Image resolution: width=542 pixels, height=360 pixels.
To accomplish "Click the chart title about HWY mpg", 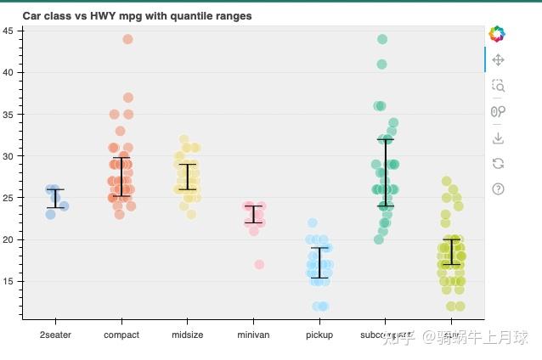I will tap(137, 16).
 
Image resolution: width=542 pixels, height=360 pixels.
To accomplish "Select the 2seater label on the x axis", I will tap(56, 335).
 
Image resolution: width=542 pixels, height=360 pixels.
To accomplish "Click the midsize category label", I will tap(188, 335).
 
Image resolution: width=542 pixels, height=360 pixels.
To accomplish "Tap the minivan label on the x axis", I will tap(253, 335).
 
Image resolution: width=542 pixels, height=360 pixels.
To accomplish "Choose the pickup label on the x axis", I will tap(319, 335).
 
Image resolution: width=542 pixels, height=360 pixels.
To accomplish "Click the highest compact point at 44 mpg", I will tap(128, 39).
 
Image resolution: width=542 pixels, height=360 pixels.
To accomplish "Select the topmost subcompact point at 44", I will tap(382, 39).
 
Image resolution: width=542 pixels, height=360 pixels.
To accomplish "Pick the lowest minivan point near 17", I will tap(259, 265).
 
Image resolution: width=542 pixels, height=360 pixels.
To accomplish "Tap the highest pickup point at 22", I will tap(312, 223).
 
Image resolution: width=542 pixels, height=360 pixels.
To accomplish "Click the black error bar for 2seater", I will tap(56, 199).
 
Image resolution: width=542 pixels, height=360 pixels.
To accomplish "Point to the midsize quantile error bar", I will tap(188, 177).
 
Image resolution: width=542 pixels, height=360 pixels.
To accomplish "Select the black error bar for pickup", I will tap(319, 262).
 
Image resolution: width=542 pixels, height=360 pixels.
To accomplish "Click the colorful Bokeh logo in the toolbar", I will tap(497, 34).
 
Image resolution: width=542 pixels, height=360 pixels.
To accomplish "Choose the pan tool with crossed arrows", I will tap(499, 59).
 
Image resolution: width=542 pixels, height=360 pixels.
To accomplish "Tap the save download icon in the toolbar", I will tap(499, 137).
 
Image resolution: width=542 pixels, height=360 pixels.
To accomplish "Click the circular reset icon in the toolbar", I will tap(499, 163).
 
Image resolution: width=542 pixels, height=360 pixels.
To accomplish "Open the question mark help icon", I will tap(499, 188).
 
